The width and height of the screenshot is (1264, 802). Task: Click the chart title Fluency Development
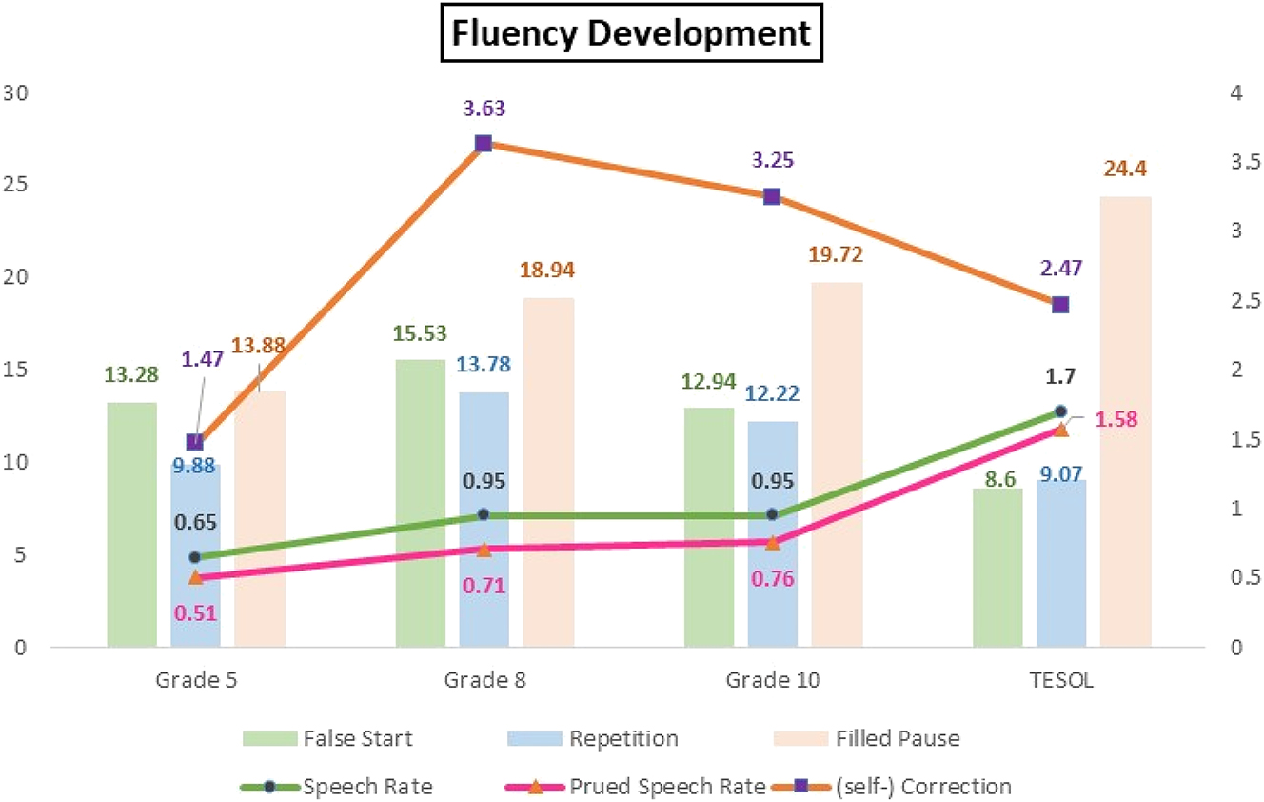pyautogui.click(x=631, y=34)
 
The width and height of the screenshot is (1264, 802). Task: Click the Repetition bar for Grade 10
pyautogui.click(x=772, y=533)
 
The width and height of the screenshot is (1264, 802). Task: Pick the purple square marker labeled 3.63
pyautogui.click(x=483, y=144)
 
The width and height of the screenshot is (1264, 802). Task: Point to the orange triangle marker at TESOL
pyautogui.click(x=1061, y=430)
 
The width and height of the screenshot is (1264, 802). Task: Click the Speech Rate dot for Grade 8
pyautogui.click(x=483, y=514)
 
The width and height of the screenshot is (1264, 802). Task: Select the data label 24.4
pyautogui.click(x=1125, y=170)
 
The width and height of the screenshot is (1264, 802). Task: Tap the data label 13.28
pyautogui.click(x=131, y=374)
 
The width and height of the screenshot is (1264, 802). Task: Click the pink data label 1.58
pyautogui.click(x=1116, y=419)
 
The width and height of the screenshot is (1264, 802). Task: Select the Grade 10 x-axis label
pyautogui.click(x=772, y=682)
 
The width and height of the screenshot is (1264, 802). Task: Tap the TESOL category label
pyautogui.click(x=1061, y=682)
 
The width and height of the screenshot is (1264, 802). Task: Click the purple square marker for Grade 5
pyautogui.click(x=194, y=443)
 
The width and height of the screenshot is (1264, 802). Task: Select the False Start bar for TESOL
pyautogui.click(x=997, y=568)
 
